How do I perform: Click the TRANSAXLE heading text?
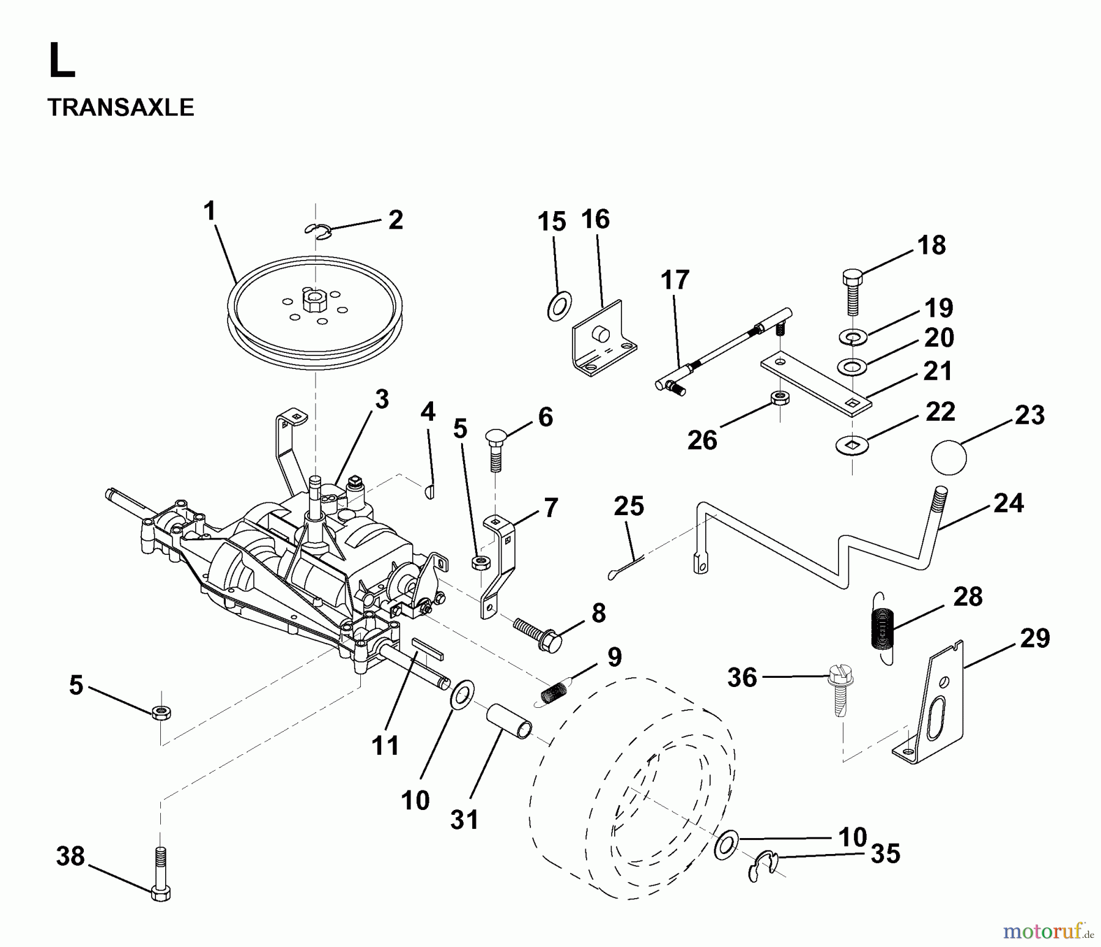click(120, 108)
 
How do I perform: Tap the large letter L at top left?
click(61, 62)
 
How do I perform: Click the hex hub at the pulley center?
click(314, 302)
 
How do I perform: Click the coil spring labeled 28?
click(881, 627)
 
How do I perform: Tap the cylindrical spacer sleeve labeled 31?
click(509, 721)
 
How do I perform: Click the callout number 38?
click(70, 856)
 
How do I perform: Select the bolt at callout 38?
click(160, 874)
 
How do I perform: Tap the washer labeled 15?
click(559, 306)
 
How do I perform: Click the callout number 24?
click(1008, 503)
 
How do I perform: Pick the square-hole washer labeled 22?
click(851, 445)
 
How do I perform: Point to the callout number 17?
click(675, 280)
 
